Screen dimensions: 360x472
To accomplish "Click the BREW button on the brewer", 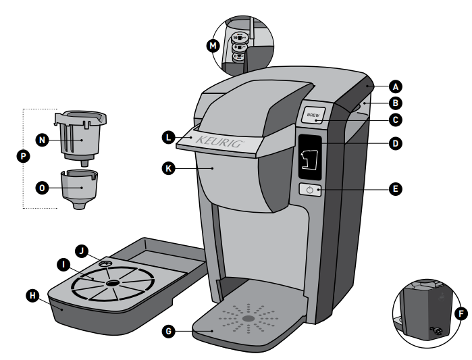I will [x=313, y=115].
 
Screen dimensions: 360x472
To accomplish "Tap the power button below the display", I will [x=310, y=190].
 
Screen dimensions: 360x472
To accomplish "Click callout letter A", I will [x=396, y=86].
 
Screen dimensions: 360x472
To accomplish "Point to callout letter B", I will [x=396, y=104].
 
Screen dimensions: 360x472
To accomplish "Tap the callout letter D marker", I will [x=396, y=143].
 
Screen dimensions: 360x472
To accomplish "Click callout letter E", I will [x=396, y=190].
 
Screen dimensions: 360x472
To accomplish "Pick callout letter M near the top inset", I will [x=215, y=46].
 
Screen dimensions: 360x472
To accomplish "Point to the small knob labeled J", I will [x=106, y=263].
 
